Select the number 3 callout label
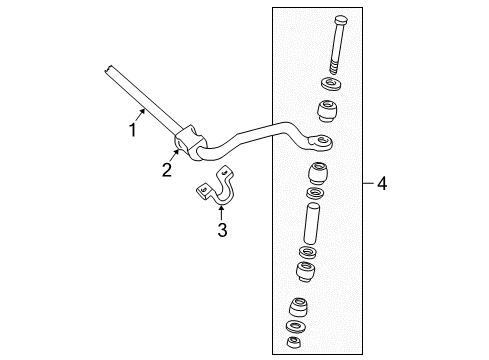coord(222,231)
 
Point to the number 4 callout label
coord(381,183)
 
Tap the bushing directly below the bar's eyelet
coord(319,170)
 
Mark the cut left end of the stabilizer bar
coord(107,69)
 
